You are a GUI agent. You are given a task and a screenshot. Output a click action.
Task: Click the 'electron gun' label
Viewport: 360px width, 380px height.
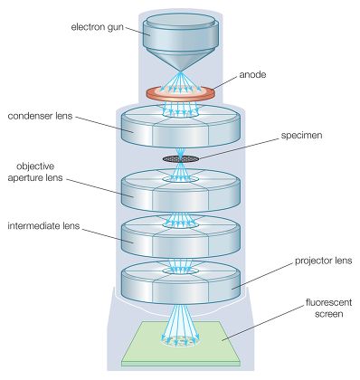coord(97,27)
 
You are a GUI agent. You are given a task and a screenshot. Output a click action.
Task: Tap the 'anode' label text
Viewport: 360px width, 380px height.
coord(252,74)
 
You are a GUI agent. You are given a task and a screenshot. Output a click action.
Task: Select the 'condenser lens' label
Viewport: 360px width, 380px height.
coord(40,116)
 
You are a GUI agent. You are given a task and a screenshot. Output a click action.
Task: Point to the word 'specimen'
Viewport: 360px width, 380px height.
coord(301,136)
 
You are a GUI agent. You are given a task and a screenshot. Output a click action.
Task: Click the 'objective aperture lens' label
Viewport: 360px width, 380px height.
coord(35,172)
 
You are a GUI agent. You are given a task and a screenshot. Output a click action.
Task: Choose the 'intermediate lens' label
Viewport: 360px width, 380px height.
coord(43,225)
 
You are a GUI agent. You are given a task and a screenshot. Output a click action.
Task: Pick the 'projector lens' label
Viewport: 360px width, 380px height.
coord(323,261)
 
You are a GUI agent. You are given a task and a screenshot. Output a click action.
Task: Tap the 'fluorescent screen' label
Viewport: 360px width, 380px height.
coord(328,308)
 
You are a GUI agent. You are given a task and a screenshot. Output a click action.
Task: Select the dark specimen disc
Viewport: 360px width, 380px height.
coord(181,158)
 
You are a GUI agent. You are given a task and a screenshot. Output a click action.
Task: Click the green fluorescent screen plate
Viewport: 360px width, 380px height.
coord(181,343)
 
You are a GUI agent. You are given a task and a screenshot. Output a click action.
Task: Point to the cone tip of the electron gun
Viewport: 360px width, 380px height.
coord(180,71)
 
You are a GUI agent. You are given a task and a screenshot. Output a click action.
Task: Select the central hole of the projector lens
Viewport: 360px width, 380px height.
coord(181,271)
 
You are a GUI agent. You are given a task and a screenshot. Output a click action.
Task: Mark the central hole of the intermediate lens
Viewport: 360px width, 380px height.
coord(181,224)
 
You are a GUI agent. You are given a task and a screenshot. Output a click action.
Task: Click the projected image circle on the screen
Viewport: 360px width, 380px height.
coord(181,341)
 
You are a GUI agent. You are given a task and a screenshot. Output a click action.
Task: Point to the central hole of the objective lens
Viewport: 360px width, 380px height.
coord(181,179)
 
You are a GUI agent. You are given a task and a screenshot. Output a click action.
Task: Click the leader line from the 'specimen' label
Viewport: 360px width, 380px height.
coord(239,148)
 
